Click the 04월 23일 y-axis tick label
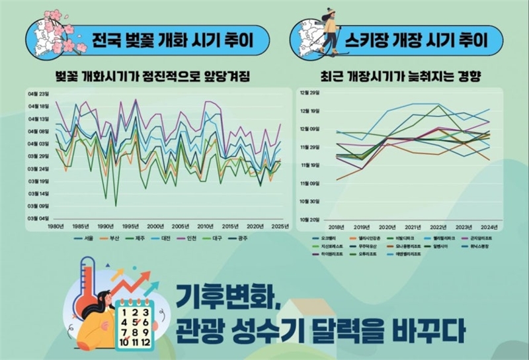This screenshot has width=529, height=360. tap(39, 93)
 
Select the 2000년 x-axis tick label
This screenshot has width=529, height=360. tap(155, 227)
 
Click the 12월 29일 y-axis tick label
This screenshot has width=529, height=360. tap(310, 93)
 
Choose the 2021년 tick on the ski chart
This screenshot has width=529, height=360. tap(413, 226)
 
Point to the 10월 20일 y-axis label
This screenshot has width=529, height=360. tap(310, 219)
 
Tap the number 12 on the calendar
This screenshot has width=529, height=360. tap(146, 342)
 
